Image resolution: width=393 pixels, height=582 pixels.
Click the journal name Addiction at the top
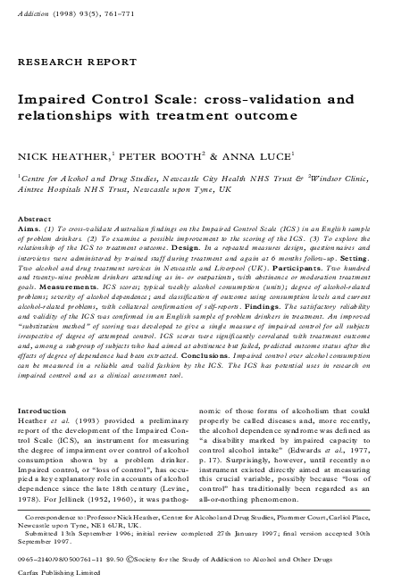click(x=33, y=15)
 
